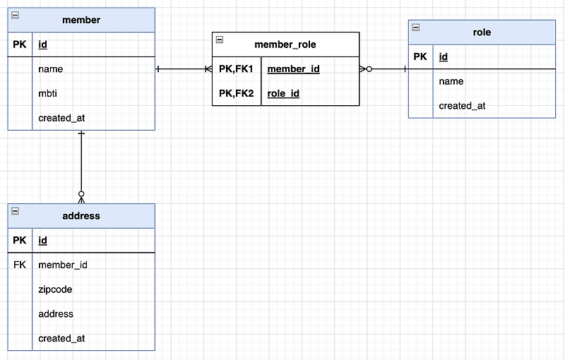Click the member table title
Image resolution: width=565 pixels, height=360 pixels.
[x=81, y=20]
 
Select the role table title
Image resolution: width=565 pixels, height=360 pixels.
[x=482, y=32]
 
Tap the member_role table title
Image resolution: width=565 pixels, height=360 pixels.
[x=285, y=44]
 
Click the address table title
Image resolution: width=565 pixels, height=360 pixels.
[x=81, y=215]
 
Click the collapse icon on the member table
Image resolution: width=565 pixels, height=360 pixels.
[x=15, y=15]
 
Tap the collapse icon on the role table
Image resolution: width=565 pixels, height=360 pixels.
[x=416, y=27]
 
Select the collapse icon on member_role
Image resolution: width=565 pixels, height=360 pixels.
[x=220, y=40]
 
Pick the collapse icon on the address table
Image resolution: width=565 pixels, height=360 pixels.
[x=15, y=210]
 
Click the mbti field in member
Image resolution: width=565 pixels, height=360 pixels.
[x=47, y=93]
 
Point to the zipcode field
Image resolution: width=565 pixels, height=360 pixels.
[x=55, y=289]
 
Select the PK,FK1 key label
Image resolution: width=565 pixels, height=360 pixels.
[x=236, y=68]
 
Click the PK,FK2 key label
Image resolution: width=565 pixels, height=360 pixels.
[x=236, y=93]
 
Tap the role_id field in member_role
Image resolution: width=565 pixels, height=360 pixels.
[x=283, y=94]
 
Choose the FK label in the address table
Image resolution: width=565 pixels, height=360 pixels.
[x=20, y=265]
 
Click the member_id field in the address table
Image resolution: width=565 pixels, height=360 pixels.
[x=63, y=265]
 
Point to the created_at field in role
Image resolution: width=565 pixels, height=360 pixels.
[x=462, y=106]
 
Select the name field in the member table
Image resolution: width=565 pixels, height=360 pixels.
[x=50, y=68]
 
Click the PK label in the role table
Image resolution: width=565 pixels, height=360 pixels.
[x=420, y=56]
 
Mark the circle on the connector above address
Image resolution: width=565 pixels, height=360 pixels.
[x=81, y=194]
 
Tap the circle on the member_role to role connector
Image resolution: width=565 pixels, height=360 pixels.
[x=369, y=68]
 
